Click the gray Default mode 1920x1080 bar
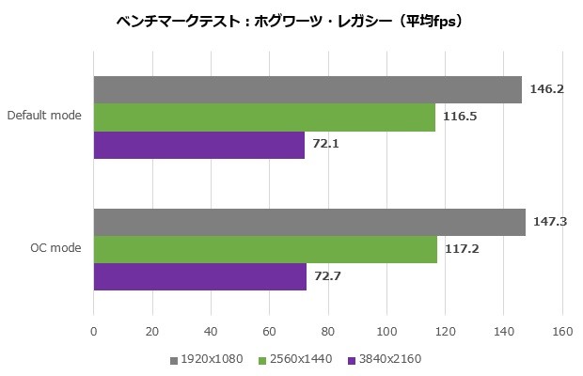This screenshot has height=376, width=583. coord(307,89)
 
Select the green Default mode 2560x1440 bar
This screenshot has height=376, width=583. coord(264,117)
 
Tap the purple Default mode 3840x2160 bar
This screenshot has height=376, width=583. coord(199,146)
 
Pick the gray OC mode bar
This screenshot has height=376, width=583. coord(309,222)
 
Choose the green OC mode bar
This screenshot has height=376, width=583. coord(265,249)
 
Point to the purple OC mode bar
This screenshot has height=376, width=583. coord(200,277)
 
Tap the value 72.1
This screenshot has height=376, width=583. coord(326,146)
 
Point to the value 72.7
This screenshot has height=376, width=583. coord(328,277)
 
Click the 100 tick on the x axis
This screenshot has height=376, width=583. coord(386,331)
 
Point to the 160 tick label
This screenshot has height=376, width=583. coord(562,331)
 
